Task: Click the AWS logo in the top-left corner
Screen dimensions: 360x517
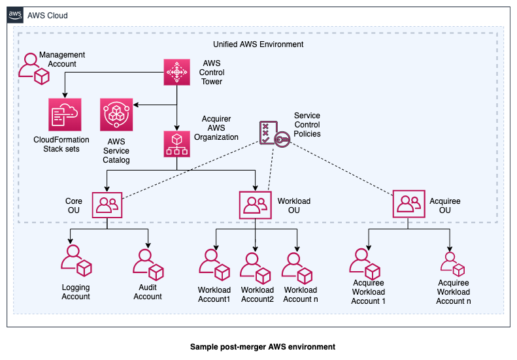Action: click(16, 15)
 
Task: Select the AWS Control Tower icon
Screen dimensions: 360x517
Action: click(176, 72)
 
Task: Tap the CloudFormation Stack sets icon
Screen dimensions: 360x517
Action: click(63, 115)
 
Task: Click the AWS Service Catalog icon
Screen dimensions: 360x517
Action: click(116, 115)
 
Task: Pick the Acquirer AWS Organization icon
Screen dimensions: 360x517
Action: click(176, 144)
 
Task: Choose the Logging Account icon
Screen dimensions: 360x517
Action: click(76, 260)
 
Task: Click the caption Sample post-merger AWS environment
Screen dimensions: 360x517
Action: click(262, 346)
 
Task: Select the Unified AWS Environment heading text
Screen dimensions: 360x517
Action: click(258, 44)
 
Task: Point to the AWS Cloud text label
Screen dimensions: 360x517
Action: click(47, 15)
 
